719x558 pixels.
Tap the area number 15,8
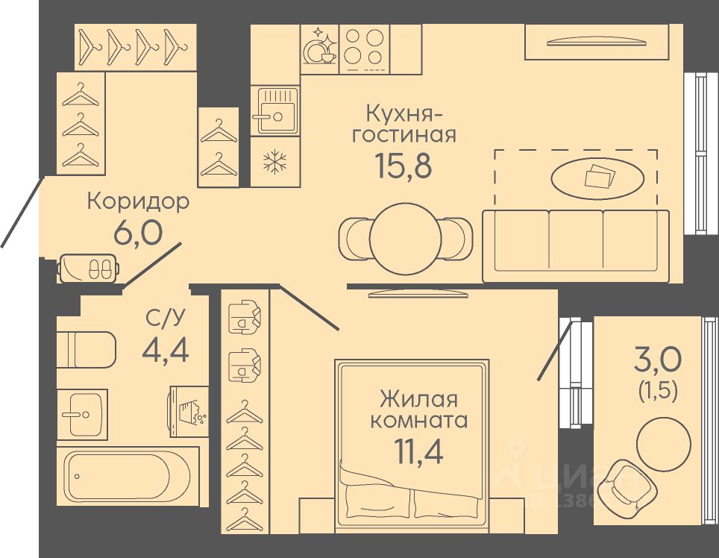point(404,166)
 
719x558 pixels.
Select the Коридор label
point(138,201)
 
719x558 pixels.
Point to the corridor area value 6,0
point(137,233)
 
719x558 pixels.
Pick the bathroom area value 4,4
point(165,348)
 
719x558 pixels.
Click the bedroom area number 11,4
point(419,451)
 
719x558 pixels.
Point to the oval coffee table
point(597,177)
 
